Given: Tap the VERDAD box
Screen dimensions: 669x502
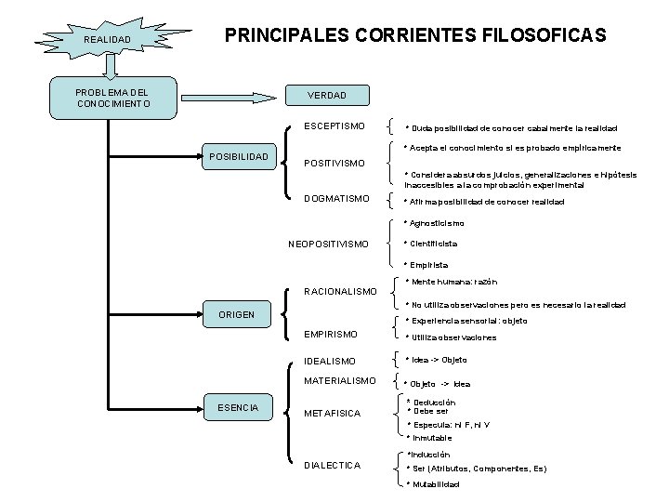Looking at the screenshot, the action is coord(326,96).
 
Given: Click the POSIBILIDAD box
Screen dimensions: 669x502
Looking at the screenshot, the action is coord(239,156).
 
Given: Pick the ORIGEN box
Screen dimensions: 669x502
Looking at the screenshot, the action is coord(236,314).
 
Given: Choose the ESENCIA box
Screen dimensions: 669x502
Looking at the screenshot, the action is coord(237,406).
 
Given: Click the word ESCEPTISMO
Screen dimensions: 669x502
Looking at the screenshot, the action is coord(334,125).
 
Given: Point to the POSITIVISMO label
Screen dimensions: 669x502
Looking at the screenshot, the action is coord(335,164).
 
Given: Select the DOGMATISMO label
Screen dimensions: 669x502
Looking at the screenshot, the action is coord(336,198).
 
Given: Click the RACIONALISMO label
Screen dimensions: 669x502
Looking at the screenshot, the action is coord(341,291).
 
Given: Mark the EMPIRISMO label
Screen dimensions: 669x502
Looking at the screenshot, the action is coord(331,334).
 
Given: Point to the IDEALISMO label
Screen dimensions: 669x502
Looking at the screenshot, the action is coord(330,361).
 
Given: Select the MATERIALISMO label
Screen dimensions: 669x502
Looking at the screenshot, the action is coord(340,380).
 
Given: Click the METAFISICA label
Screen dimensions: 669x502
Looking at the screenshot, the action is coord(332,414).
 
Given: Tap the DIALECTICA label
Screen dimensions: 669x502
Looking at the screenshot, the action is coord(332,465).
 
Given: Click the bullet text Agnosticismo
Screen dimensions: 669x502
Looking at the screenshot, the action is coord(435,223).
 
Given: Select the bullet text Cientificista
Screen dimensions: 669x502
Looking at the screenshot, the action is coord(431,244).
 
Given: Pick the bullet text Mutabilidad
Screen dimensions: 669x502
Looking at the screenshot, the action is coord(434,484).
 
